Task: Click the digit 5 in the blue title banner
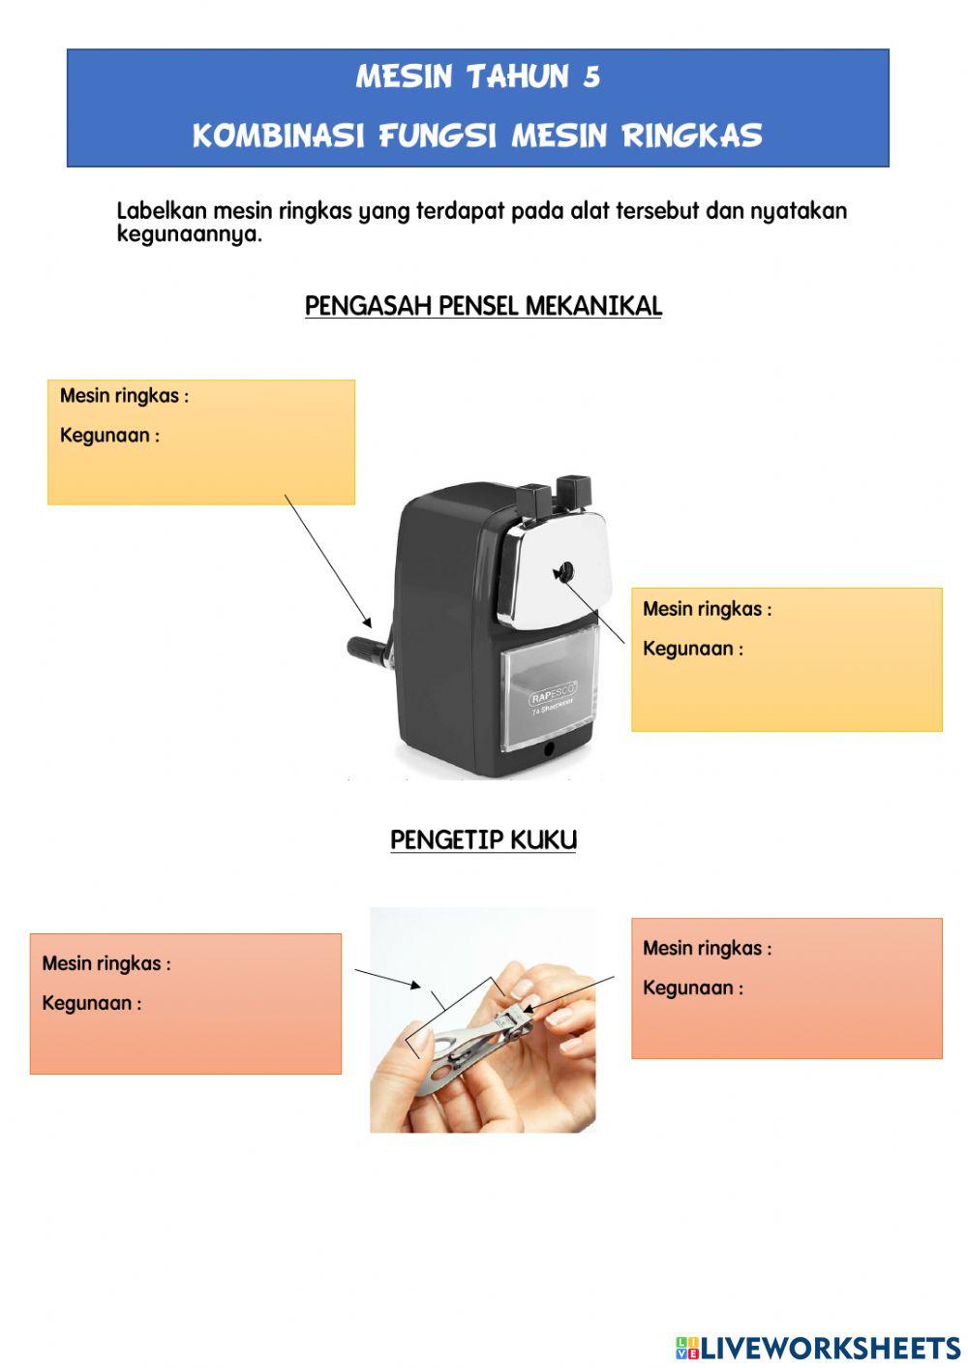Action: pos(591,76)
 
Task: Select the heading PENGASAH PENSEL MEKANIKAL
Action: pos(483,306)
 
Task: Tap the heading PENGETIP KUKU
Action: pos(483,839)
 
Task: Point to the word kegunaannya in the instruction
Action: pos(189,234)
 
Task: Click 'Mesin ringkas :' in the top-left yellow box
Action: pos(124,396)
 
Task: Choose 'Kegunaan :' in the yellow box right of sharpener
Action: pos(693,649)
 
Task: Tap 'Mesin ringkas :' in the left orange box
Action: pos(106,964)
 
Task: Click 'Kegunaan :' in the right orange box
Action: pos(693,988)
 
